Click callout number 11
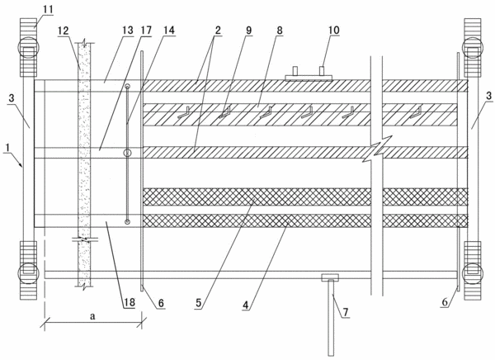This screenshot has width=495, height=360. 48,9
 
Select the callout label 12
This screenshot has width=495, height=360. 64,31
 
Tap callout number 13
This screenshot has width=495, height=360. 128,31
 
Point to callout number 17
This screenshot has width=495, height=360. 146,31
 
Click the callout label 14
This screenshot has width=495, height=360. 169,31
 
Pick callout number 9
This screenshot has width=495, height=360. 248,31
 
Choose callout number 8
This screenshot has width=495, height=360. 280,31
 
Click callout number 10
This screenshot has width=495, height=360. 333,30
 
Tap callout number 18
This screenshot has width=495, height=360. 130,302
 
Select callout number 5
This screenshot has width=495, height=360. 198,303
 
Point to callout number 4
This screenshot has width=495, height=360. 246,305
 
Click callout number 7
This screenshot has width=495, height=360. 346,313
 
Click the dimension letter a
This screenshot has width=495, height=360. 92,316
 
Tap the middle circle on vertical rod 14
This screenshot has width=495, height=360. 127,154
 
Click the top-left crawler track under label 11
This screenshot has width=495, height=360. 29,47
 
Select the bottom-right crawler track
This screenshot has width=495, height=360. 473,271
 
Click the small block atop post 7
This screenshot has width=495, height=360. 330,277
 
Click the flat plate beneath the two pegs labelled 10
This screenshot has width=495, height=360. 309,78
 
